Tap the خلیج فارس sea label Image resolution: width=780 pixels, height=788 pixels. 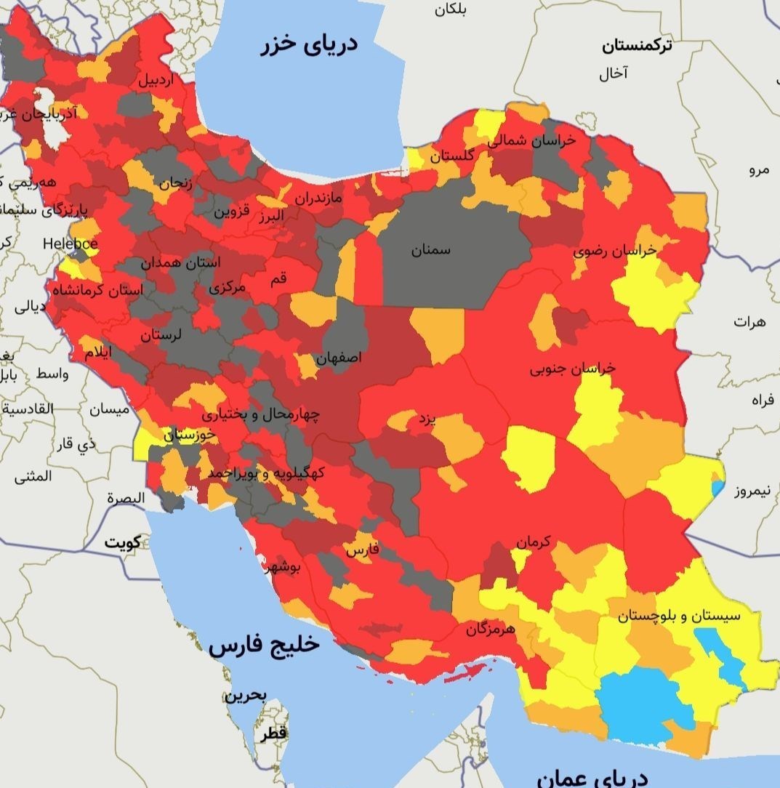point(264,646)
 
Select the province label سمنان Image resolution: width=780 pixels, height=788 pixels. point(430,250)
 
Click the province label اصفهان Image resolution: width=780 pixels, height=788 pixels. point(338,358)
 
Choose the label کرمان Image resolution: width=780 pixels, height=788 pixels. point(534,542)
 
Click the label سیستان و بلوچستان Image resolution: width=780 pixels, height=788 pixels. point(679,616)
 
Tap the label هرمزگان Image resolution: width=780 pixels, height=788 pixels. point(491,627)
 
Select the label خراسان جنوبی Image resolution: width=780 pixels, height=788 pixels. point(572,369)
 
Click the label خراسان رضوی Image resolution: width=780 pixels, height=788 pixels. point(614,251)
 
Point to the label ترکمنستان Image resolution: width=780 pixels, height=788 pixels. point(637,47)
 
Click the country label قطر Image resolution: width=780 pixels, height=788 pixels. point(274,733)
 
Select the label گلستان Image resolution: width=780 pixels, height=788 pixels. point(451,156)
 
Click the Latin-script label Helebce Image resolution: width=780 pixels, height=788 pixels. point(70,244)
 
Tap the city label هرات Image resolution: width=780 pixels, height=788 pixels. point(749,321)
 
